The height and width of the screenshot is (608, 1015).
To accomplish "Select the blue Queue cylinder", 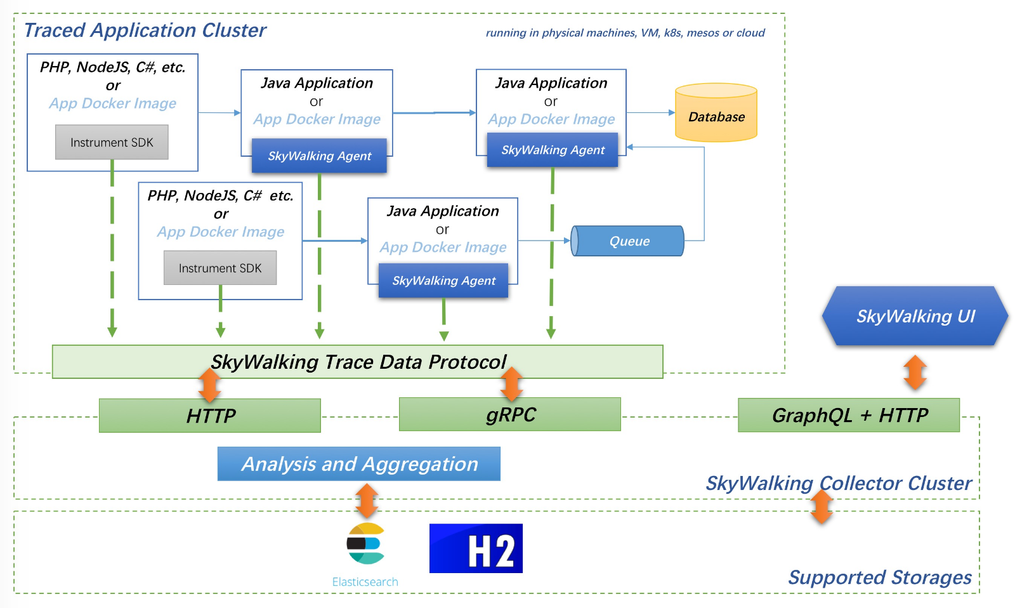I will pyautogui.click(x=628, y=241).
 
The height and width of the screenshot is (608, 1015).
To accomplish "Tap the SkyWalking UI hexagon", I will pyautogui.click(x=915, y=316).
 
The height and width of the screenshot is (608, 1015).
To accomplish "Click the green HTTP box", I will pyautogui.click(x=210, y=416).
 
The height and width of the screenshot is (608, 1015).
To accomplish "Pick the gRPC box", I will pyautogui.click(x=510, y=414).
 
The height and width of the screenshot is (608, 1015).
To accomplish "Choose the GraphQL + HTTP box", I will pyautogui.click(x=849, y=416).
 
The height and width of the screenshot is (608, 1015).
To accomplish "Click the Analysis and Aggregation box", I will pyautogui.click(x=359, y=464).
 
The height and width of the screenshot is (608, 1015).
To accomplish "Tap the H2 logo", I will pyautogui.click(x=476, y=548).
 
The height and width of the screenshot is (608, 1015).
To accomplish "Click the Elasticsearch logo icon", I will pyautogui.click(x=365, y=543).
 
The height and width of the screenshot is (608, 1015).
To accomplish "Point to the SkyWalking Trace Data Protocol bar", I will pyautogui.click(x=358, y=362).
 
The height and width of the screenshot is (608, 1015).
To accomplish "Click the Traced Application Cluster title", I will pyautogui.click(x=145, y=30).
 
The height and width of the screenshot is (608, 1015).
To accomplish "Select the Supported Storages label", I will pyautogui.click(x=879, y=578).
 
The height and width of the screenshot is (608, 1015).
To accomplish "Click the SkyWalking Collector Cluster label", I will pyautogui.click(x=838, y=484).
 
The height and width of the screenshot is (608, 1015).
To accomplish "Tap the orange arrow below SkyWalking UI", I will pyautogui.click(x=915, y=373).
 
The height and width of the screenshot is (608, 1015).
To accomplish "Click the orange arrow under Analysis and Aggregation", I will pyautogui.click(x=367, y=501).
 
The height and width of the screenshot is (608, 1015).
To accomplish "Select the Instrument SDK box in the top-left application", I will pyautogui.click(x=112, y=142).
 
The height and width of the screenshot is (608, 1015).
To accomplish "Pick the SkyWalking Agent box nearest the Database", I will pyautogui.click(x=553, y=150).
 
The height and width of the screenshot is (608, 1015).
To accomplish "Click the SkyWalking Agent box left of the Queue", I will pyautogui.click(x=443, y=281).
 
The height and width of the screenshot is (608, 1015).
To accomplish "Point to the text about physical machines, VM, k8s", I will pyautogui.click(x=625, y=33).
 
